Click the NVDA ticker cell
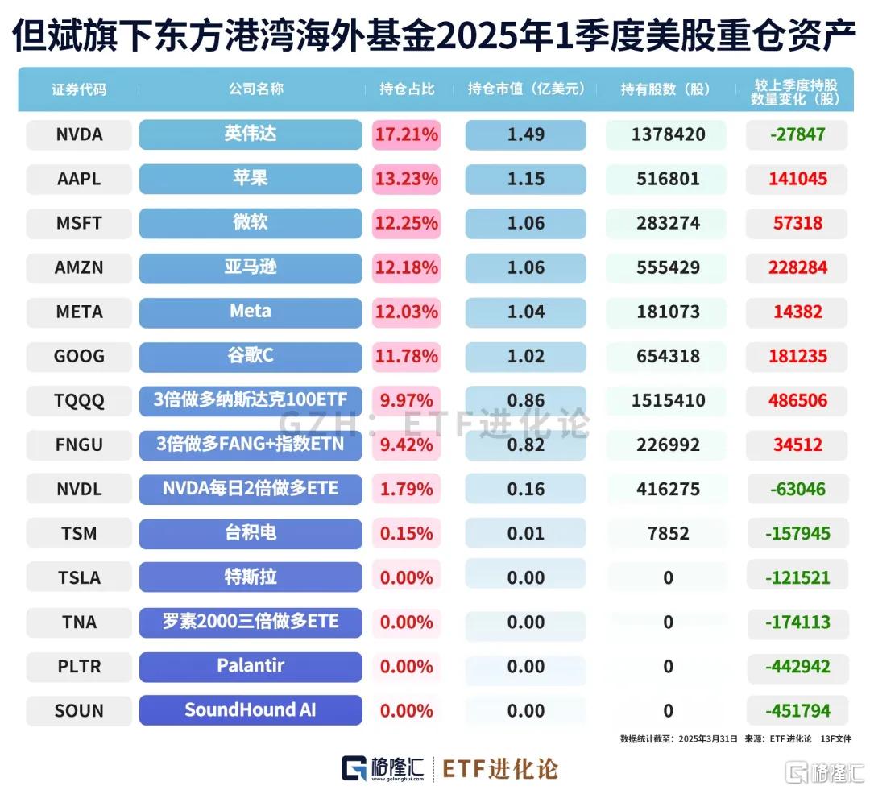coord(79,134)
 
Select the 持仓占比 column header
coord(407,89)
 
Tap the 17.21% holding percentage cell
coord(407,134)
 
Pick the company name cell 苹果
coord(251,179)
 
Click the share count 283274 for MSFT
coord(665,223)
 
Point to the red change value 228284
coord(797,267)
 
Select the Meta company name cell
coord(251,312)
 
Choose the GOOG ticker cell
coord(79,356)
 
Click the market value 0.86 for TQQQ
coord(525,400)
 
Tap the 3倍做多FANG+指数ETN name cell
coord(251,445)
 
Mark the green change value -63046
coord(797,489)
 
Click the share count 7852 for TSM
coord(665,533)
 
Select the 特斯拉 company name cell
coord(251,577)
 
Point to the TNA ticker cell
coord(79,622)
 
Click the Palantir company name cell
coord(251,666)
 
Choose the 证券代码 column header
coord(79,89)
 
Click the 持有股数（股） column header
coord(665,89)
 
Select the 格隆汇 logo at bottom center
coord(383,768)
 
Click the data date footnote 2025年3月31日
coord(706,738)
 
